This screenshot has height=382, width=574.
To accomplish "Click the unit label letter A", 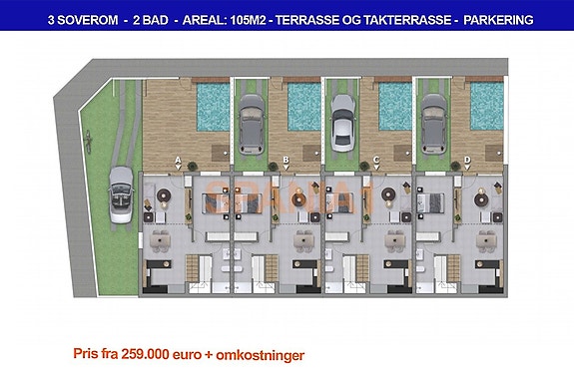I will click(x=178, y=160).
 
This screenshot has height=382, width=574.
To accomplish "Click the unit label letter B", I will click(x=286, y=160).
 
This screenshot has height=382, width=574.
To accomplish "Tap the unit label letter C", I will click(x=375, y=160).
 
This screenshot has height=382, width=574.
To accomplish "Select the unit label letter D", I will click(x=467, y=160).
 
